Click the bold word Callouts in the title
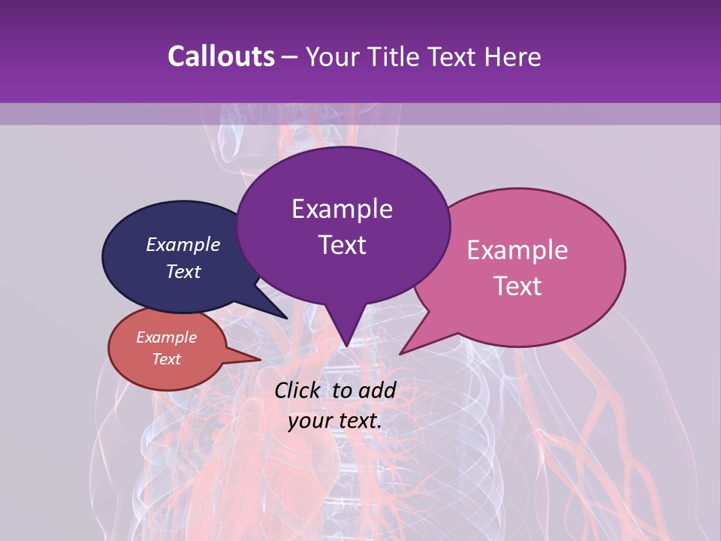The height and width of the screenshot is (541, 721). click(221, 56)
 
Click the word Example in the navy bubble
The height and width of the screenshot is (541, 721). click(183, 244)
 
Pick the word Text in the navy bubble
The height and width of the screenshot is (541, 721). click(183, 271)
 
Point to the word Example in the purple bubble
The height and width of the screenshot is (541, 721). click(342, 209)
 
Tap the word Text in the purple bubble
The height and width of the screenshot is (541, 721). click(342, 245)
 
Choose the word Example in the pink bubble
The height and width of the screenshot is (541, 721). click(517, 250)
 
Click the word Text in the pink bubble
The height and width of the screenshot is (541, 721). click(517, 286)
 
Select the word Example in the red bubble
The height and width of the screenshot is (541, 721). click(167, 337)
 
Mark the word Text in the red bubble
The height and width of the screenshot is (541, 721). click(167, 359)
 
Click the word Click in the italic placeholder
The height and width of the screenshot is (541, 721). click(299, 390)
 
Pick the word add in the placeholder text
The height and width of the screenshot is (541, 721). click(378, 390)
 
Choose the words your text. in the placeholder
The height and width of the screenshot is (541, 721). click(335, 421)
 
